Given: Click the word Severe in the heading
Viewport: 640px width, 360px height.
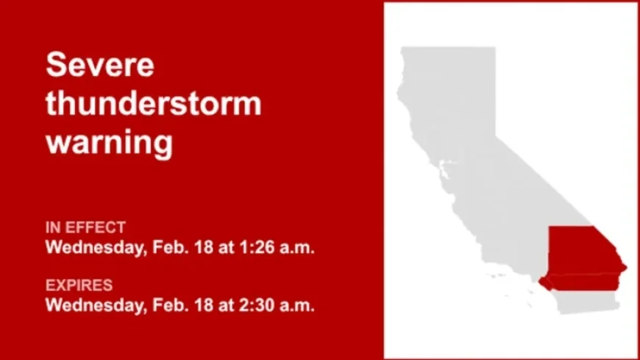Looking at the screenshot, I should (100, 65).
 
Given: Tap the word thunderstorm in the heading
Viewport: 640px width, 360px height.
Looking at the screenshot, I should (153, 103).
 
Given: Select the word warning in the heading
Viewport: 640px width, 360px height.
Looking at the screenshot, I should (109, 141).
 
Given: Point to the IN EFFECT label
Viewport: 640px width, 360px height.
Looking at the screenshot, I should (85, 227).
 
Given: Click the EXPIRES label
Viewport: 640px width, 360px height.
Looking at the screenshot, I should (79, 285).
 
